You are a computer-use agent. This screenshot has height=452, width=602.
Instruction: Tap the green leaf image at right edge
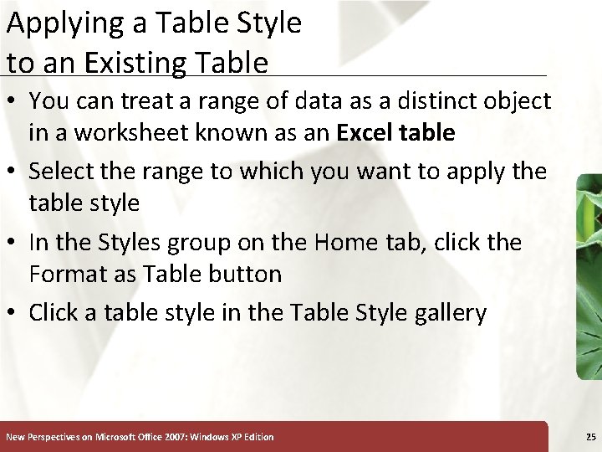(589, 276)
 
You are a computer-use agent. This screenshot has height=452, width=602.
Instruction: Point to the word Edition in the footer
(257, 437)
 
